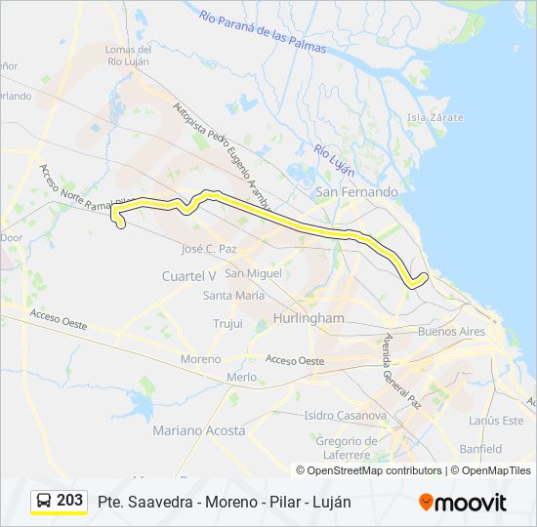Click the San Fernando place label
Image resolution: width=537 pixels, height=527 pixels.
pyautogui.click(x=355, y=192)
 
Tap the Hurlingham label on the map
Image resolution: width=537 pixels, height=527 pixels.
pyautogui.click(x=310, y=318)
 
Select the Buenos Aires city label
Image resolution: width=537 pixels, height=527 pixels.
pyautogui.click(x=450, y=332)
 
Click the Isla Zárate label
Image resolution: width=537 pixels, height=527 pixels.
pyautogui.click(x=435, y=117)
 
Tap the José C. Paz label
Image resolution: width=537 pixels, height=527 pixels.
pyautogui.click(x=209, y=249)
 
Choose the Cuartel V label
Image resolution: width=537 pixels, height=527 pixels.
pyautogui.click(x=188, y=276)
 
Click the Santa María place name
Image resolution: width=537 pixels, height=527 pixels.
pyautogui.click(x=233, y=295)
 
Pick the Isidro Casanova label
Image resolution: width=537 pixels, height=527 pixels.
pyautogui.click(x=346, y=416)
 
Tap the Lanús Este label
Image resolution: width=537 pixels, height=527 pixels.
pyautogui.click(x=496, y=421)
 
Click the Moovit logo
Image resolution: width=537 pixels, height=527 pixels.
pyautogui.click(x=463, y=502)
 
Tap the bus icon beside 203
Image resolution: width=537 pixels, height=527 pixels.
pyautogui.click(x=44, y=501)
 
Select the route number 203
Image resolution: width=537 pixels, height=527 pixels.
pyautogui.click(x=70, y=501)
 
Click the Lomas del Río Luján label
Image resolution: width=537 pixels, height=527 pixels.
pyautogui.click(x=128, y=57)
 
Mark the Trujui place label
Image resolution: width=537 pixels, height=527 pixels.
pyautogui.click(x=227, y=323)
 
